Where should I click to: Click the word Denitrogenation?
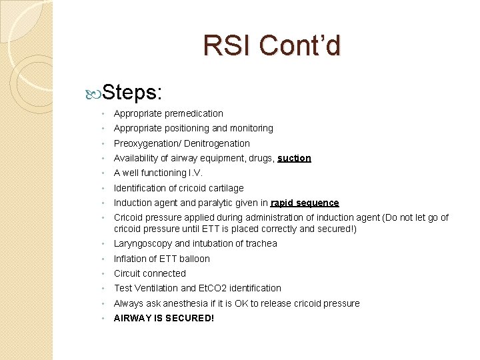click(217, 143)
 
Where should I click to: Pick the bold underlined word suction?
click(294, 159)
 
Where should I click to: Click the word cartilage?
click(223, 189)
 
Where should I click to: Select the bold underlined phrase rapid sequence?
click(305, 203)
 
